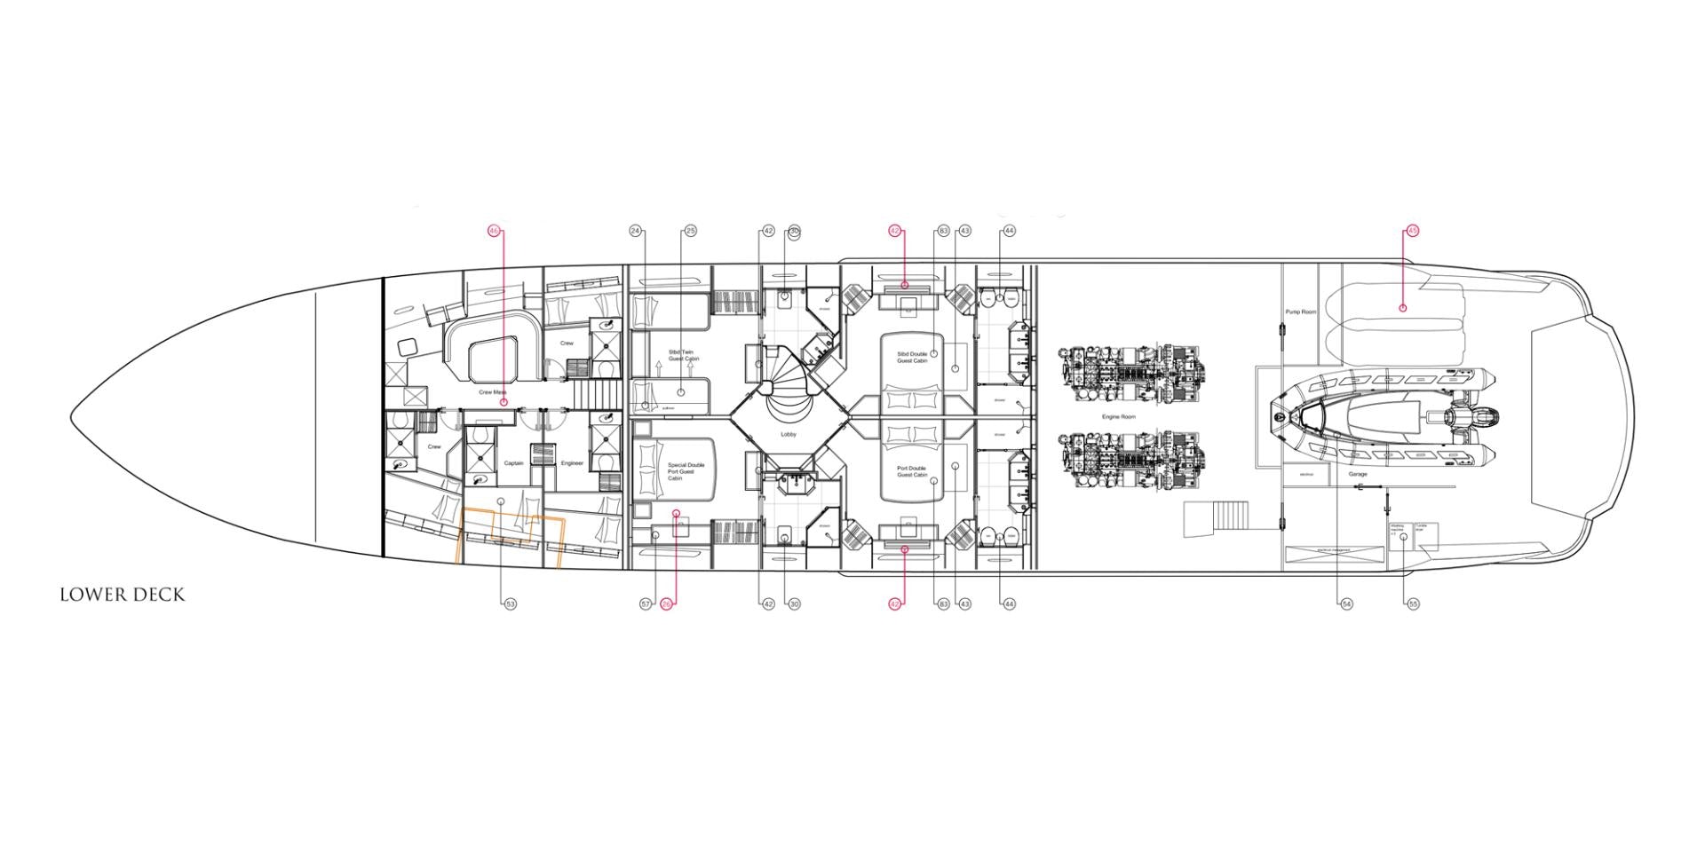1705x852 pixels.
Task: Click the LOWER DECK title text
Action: (x=122, y=595)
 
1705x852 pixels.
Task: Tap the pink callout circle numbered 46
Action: (x=494, y=231)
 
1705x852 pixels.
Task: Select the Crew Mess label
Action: (x=492, y=391)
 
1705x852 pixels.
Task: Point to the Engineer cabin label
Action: (x=572, y=463)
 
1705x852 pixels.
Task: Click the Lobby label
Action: (x=789, y=434)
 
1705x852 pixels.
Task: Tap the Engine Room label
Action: (x=1118, y=416)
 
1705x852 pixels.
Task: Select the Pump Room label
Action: (x=1301, y=312)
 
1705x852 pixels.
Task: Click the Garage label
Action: (x=1358, y=474)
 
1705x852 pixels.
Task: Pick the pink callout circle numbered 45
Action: (x=1412, y=231)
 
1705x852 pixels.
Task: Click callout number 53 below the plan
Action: (x=510, y=603)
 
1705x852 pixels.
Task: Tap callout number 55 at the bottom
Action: (x=1413, y=603)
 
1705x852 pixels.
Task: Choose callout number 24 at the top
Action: (x=636, y=231)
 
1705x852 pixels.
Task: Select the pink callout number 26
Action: (x=667, y=603)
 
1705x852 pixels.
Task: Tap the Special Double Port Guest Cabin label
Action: (x=686, y=471)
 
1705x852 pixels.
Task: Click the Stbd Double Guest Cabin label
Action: (x=912, y=357)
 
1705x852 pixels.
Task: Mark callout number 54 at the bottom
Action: (x=1346, y=603)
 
